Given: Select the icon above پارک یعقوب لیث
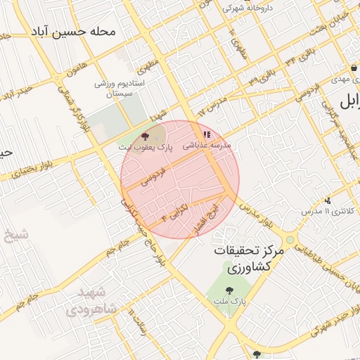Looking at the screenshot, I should [x=146, y=137].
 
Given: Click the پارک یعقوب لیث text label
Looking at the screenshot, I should [x=146, y=148].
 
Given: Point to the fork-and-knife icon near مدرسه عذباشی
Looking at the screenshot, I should [x=206, y=134].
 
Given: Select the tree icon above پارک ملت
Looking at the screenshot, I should [x=229, y=290].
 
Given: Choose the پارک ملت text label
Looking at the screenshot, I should [x=229, y=301].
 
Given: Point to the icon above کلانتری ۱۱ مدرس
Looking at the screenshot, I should [x=328, y=200].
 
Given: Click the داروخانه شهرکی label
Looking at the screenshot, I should [x=252, y=9].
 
